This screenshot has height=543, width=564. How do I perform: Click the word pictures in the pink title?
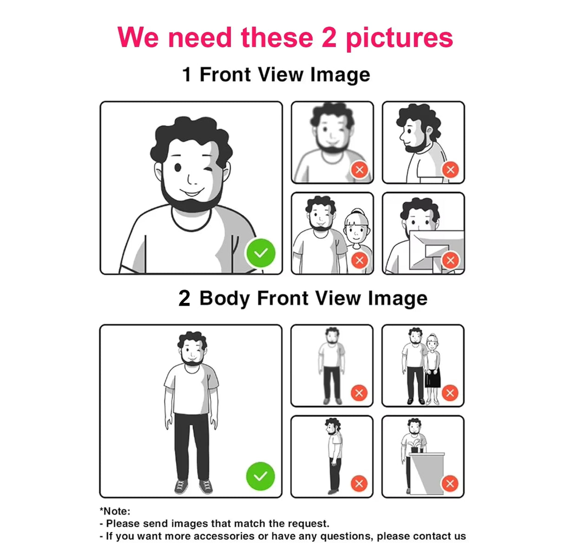(x=399, y=39)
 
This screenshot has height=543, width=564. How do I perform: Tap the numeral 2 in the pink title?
(x=329, y=37)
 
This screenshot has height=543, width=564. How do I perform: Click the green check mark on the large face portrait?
(x=261, y=253)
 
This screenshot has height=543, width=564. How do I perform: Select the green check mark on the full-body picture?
(x=260, y=476)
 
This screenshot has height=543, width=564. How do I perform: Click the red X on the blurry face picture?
(x=360, y=170)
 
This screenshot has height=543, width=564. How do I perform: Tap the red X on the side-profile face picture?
(x=450, y=170)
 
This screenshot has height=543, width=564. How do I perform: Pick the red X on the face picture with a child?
(x=360, y=260)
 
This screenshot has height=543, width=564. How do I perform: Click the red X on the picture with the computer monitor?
(x=450, y=260)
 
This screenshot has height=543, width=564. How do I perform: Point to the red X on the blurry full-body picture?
(x=359, y=393)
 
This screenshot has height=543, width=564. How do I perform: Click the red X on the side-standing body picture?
(x=359, y=484)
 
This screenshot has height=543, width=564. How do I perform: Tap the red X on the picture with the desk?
(x=450, y=484)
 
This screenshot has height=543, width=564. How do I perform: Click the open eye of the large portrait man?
(x=177, y=167)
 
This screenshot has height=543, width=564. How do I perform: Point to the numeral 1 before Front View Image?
(x=187, y=74)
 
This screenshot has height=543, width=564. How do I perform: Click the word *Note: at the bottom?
(x=115, y=511)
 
